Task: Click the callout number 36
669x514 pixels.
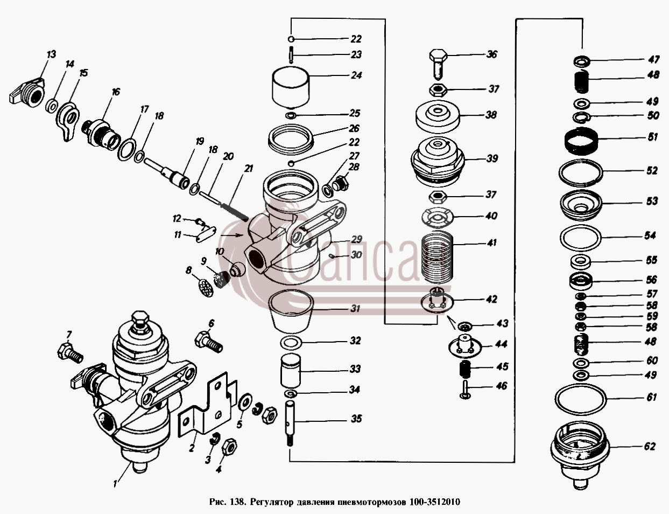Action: tap(491, 54)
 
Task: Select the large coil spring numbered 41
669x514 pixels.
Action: tap(438, 256)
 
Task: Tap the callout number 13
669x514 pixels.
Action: tap(52, 54)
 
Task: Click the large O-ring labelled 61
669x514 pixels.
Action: tap(581, 399)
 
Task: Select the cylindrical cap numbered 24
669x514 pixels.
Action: tap(291, 88)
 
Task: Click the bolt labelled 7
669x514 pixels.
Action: tap(70, 352)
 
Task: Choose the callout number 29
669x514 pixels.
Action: tap(356, 239)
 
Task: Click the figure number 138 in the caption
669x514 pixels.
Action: tap(237, 502)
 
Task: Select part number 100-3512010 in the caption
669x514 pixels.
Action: tap(435, 502)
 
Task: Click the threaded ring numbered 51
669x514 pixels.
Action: tap(582, 141)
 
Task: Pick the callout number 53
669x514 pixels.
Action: tap(652, 201)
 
